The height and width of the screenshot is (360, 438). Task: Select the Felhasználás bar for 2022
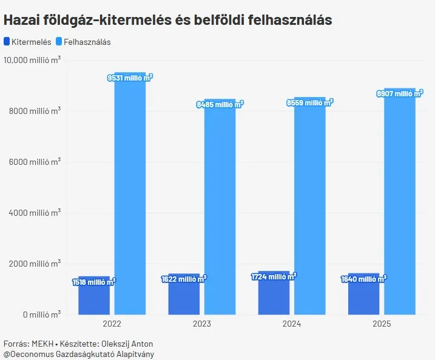pyautogui.click(x=130, y=194)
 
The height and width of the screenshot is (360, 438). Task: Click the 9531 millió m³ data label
pyautogui.click(x=130, y=78)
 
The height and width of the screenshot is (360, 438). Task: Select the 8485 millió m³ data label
pyautogui.click(x=220, y=104)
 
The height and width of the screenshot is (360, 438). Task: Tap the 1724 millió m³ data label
pyautogui.click(x=274, y=276)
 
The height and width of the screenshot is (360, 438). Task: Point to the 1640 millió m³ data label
pyautogui.click(x=364, y=279)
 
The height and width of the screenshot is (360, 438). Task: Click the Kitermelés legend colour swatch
pyautogui.click(x=7, y=42)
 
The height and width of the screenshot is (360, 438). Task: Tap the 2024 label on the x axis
pyautogui.click(x=292, y=324)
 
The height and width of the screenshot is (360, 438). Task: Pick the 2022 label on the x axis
pyautogui.click(x=112, y=324)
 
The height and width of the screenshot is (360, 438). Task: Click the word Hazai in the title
pyautogui.click(x=21, y=19)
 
